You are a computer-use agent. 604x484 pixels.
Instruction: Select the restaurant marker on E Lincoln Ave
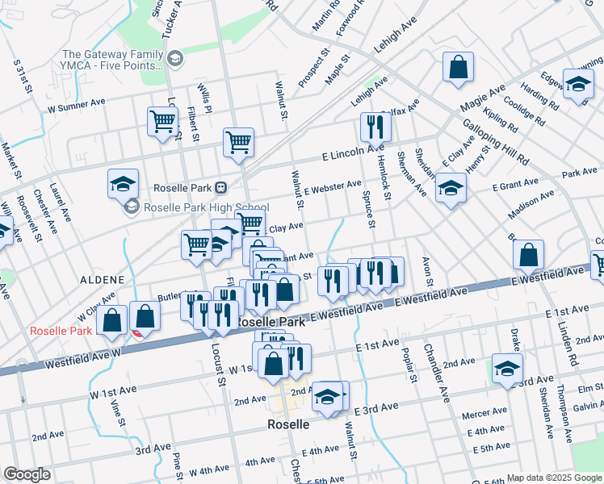click(x=375, y=127)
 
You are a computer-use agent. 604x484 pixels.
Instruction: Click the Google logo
click(x=27, y=474)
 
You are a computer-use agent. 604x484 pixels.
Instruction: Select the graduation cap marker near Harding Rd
click(x=578, y=85)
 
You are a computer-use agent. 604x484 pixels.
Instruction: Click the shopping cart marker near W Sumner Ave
click(x=162, y=123)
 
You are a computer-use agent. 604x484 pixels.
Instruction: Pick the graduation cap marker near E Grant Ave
click(x=451, y=190)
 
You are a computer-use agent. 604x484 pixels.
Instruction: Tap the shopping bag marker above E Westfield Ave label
click(x=527, y=255)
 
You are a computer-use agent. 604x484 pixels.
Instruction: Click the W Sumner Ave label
click(x=77, y=105)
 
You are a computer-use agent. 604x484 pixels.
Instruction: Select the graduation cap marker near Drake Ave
click(x=507, y=370)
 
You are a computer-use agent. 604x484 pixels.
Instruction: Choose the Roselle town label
click(x=287, y=423)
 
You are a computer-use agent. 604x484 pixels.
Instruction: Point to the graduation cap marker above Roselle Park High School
click(x=123, y=184)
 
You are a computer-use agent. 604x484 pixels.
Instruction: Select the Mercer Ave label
click(x=484, y=414)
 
